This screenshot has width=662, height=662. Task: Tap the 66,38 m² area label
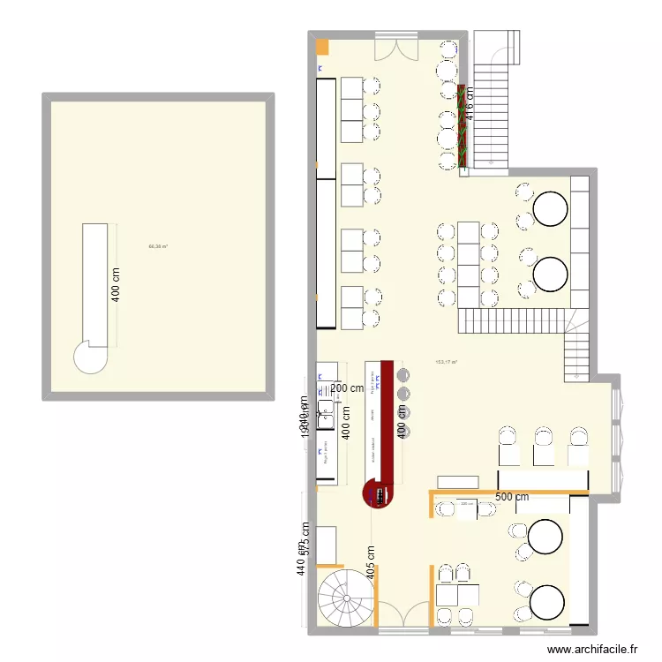point(158,246)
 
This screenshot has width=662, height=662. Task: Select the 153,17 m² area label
point(446,362)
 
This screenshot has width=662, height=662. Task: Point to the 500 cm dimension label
point(511,497)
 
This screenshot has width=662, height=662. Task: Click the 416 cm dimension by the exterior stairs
point(470,105)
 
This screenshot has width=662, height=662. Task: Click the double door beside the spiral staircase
point(402,612)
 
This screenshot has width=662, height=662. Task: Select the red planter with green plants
point(462,126)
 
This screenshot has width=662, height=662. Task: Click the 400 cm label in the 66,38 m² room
point(117,284)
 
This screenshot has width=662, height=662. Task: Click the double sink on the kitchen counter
point(325,408)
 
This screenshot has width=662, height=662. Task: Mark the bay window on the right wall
point(617,433)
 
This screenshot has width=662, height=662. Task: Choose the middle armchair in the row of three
point(545,446)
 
